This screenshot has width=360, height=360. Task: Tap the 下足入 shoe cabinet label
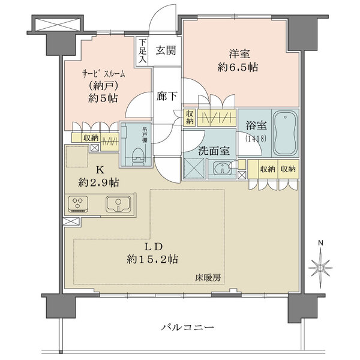click(x=142, y=50)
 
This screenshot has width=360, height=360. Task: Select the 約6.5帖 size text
click(x=238, y=67)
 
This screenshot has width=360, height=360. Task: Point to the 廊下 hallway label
click(x=166, y=95)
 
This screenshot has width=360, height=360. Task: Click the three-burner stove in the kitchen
click(x=79, y=204)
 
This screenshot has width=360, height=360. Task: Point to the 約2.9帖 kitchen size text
click(x=98, y=180)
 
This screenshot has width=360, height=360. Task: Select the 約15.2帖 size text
click(x=152, y=260)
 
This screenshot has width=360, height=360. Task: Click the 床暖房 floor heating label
click(x=207, y=277)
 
